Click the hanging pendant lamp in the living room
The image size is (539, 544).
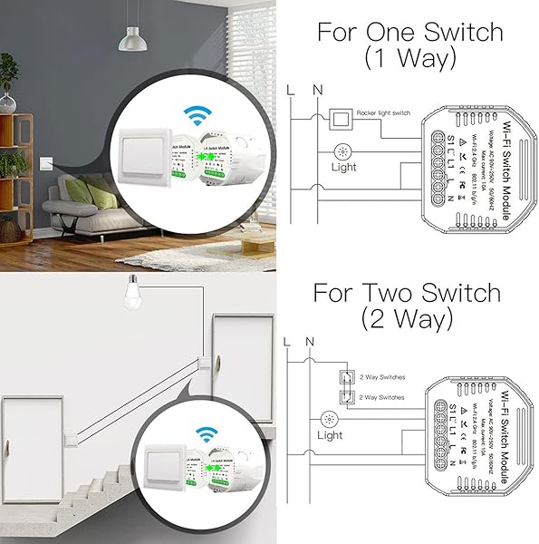[133, 40]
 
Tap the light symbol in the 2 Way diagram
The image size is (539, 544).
[327, 419]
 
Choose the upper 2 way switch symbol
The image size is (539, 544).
[343, 377]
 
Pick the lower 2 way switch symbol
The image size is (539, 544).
[343, 396]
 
